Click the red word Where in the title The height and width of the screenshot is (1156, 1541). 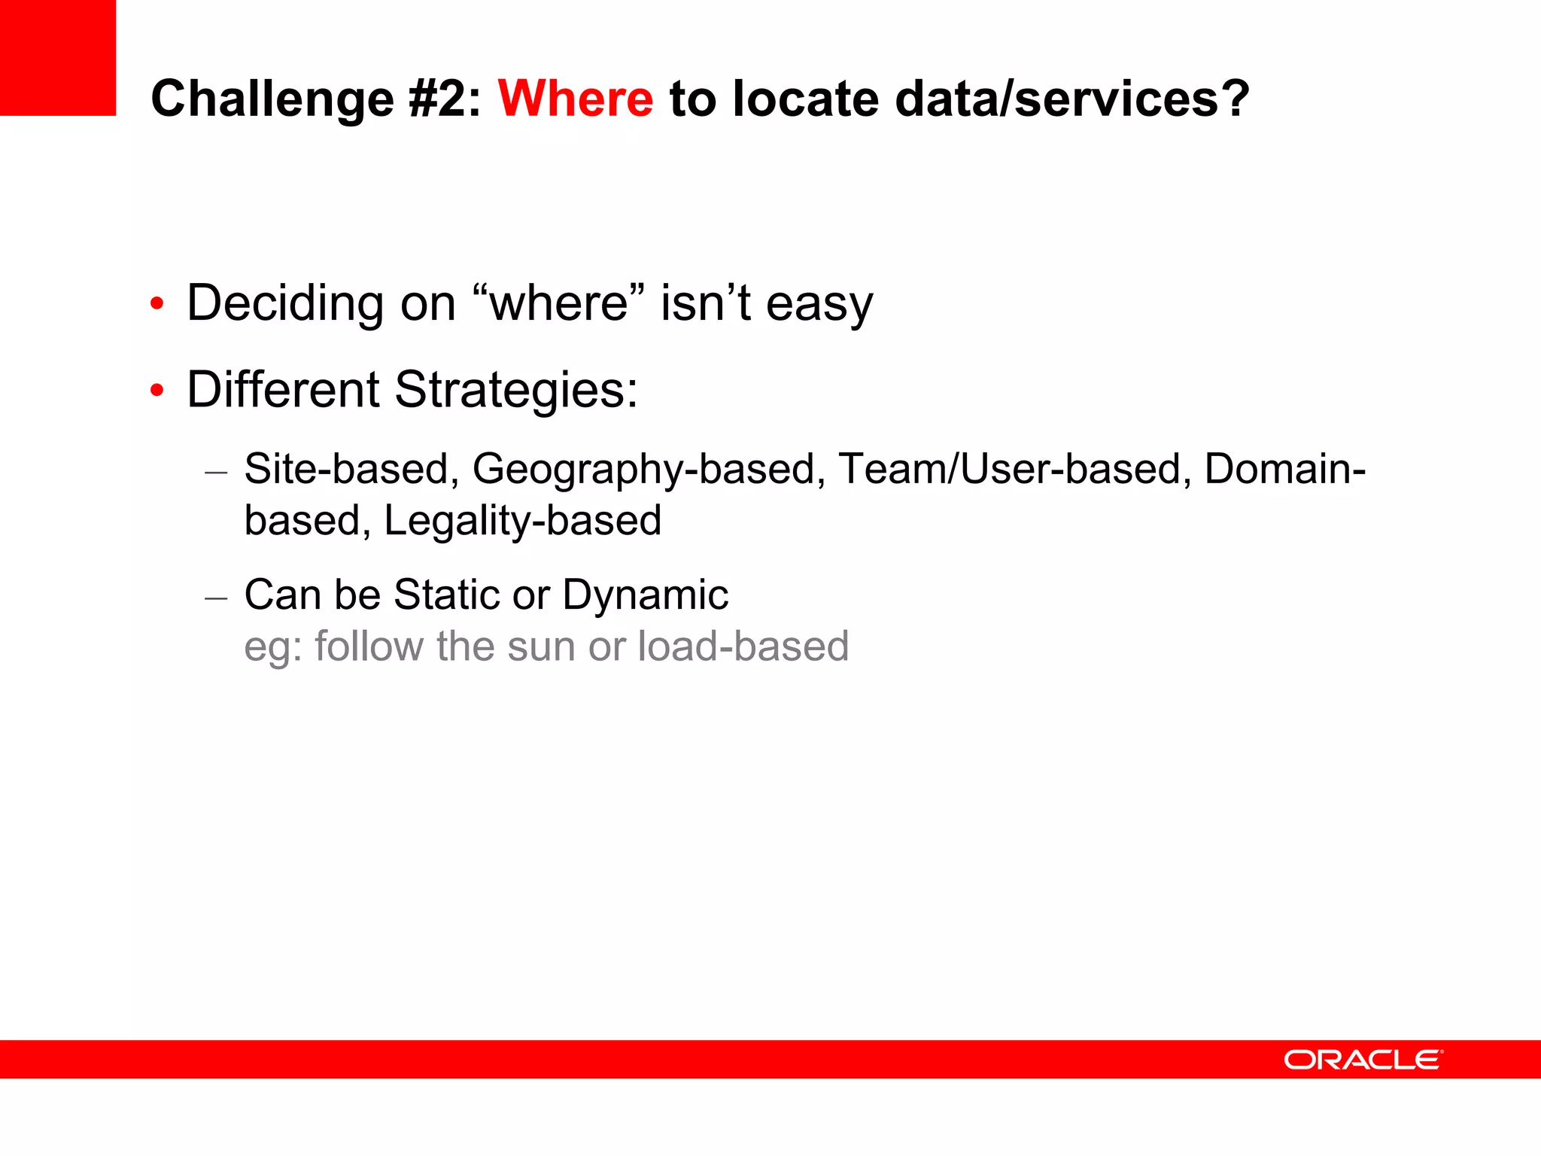(x=576, y=99)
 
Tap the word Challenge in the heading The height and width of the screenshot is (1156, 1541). (x=272, y=99)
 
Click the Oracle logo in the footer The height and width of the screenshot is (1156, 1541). (x=1363, y=1060)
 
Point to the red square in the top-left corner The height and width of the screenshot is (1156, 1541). (x=57, y=57)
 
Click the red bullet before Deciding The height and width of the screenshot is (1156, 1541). (x=157, y=304)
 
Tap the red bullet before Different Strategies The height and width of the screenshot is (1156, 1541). (x=157, y=391)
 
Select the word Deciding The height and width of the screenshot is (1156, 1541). (x=285, y=303)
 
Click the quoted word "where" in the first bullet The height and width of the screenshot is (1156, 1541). (x=560, y=303)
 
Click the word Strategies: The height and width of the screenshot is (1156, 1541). (x=516, y=391)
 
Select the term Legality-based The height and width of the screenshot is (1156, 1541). (x=522, y=521)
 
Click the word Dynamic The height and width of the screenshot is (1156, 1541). (x=645, y=595)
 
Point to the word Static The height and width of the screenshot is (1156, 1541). (x=446, y=595)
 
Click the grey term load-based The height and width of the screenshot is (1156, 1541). (x=743, y=646)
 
